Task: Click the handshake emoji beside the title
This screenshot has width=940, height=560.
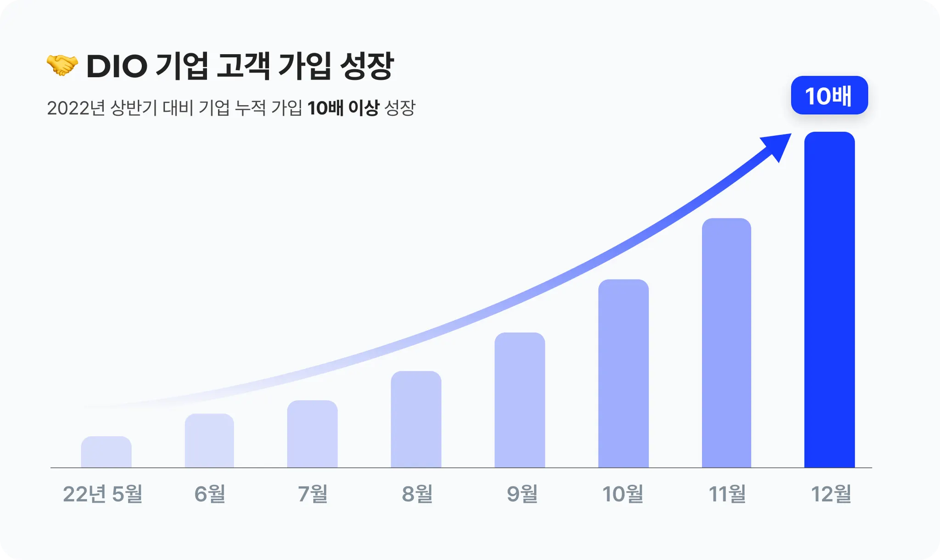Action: tap(62, 65)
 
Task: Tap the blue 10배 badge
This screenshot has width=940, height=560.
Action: tap(829, 95)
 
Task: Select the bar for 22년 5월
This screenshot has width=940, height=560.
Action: tap(106, 453)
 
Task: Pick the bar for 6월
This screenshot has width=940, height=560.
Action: tap(209, 441)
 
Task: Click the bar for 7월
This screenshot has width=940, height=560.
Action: tap(312, 434)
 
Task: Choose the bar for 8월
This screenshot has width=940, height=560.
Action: tap(416, 420)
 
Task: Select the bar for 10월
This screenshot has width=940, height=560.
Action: tap(623, 374)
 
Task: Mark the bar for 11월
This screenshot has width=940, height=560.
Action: tap(726, 343)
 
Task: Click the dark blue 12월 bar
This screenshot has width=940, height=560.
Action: tap(829, 300)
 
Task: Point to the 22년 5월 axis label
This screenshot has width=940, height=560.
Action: tap(102, 494)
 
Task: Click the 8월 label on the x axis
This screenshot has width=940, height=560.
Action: tap(417, 494)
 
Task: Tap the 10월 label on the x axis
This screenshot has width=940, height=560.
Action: tap(623, 494)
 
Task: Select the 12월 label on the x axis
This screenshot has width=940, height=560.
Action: tap(831, 494)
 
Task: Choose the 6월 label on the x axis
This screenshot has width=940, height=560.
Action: tap(210, 494)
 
